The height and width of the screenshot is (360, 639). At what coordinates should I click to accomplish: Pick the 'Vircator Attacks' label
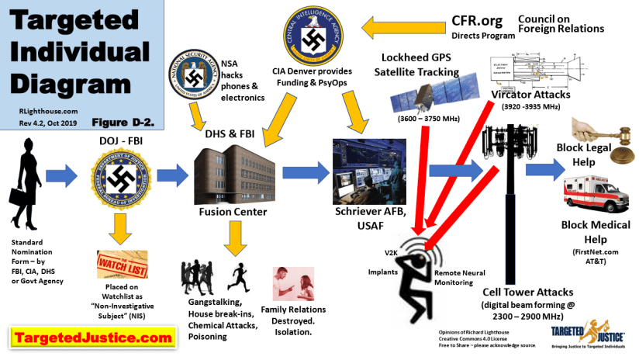click(531, 95)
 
